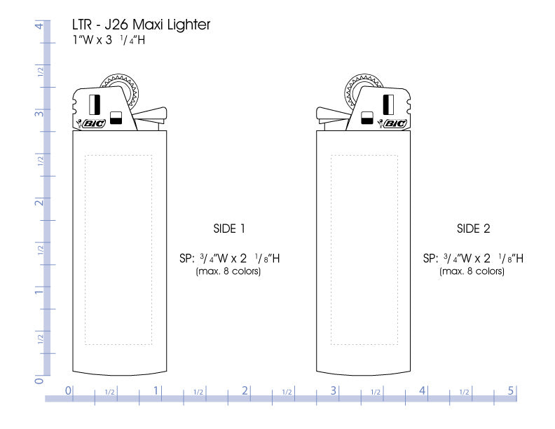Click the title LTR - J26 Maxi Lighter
[x=141, y=25]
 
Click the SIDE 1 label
[x=229, y=228]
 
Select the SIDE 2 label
[x=473, y=228]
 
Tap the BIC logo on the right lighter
[x=395, y=123]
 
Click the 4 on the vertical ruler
[x=39, y=26]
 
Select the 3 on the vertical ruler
[x=39, y=114]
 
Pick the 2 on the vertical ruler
[x=39, y=203]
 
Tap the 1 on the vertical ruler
[x=39, y=291]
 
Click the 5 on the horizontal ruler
[x=511, y=390]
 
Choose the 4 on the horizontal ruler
[x=423, y=390]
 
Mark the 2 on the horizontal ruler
[x=245, y=390]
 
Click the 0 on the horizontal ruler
[x=68, y=390]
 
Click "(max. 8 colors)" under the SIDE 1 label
[x=228, y=271]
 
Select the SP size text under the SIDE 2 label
[x=473, y=258]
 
